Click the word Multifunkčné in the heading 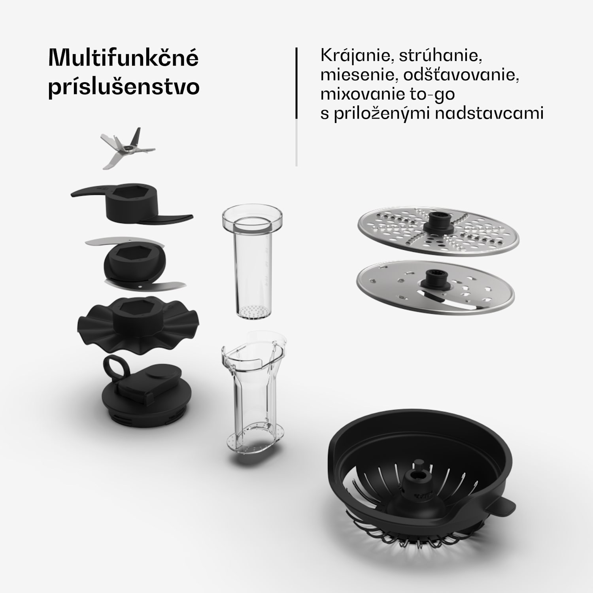123,59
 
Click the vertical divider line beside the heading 296,83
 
